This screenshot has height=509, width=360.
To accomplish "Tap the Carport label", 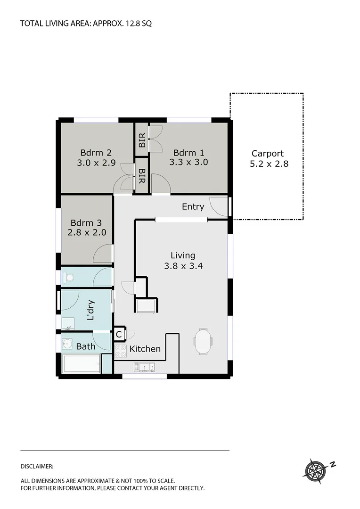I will click(268, 153).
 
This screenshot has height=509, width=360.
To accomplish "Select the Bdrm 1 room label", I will click(188, 153).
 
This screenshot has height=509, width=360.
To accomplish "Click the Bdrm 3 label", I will click(86, 223).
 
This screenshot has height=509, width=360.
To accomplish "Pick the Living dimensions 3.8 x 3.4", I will click(183, 265).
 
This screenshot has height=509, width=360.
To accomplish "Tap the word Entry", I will click(193, 207).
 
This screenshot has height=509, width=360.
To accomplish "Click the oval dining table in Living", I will click(203, 341).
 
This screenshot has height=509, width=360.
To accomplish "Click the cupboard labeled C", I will click(119, 335).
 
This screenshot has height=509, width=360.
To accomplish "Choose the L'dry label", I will click(91, 311).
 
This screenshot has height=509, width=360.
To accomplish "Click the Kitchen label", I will click(145, 349).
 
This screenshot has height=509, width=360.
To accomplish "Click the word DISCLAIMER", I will click(37, 467).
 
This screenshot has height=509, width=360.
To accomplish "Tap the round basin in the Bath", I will click(68, 344).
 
